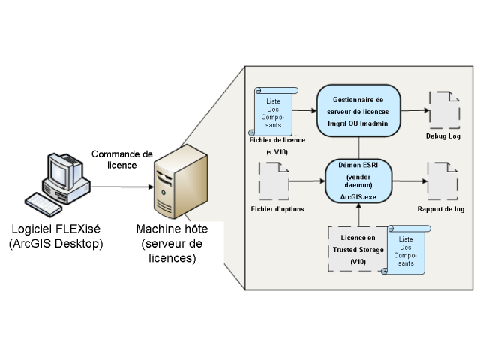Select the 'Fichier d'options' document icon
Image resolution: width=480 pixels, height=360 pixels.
click(x=274, y=181)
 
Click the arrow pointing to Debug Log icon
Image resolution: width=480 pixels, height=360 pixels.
click(x=416, y=109)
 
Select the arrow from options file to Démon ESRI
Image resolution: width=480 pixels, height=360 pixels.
click(x=307, y=181)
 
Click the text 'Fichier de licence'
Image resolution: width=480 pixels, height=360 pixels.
click(x=274, y=140)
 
